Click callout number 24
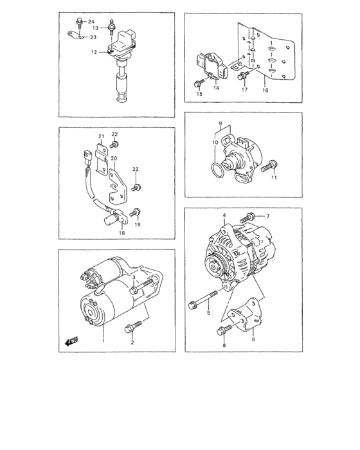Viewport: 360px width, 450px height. (x=91, y=22)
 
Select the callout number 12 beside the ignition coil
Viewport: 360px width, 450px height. (x=94, y=53)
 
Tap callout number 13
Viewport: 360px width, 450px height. (x=94, y=28)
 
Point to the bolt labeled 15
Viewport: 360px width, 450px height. (x=195, y=84)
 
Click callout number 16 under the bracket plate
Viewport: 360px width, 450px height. (x=265, y=91)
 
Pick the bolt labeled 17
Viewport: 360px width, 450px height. (x=242, y=76)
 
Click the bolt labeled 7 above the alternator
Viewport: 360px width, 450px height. (x=249, y=217)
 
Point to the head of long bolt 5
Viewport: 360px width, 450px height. (x=192, y=304)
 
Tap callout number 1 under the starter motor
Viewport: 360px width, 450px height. (x=102, y=340)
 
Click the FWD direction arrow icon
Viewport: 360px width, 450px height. (x=70, y=341)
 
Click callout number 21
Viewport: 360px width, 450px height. (x=101, y=136)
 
